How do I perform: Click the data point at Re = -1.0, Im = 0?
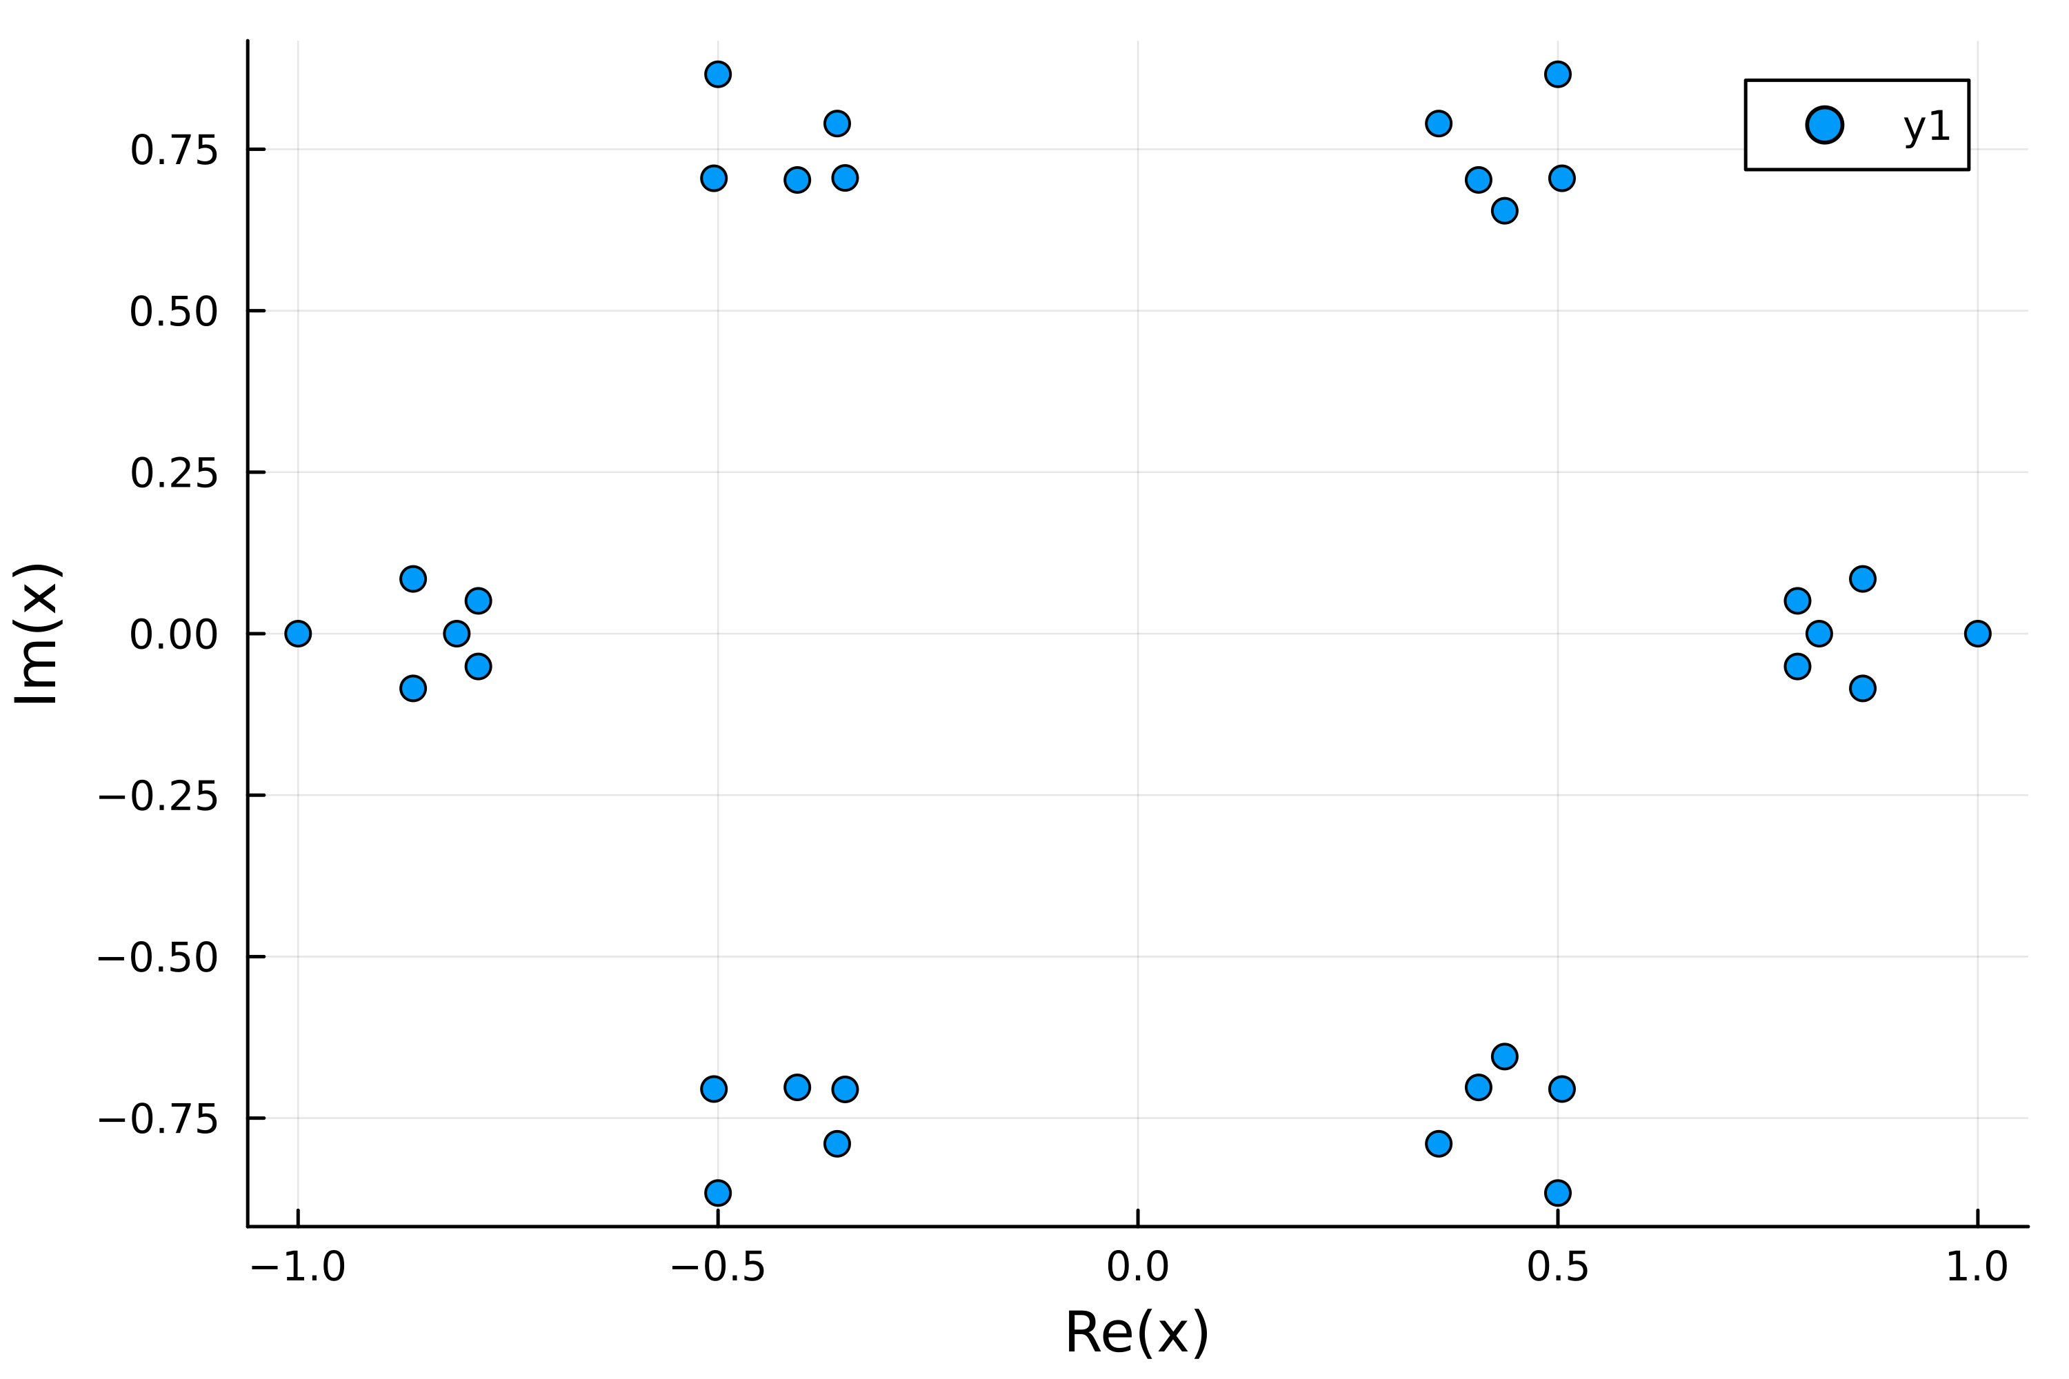click(298, 633)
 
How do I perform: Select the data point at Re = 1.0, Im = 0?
click(1977, 633)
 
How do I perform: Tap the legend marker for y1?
click(1824, 125)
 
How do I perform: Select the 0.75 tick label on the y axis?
click(173, 150)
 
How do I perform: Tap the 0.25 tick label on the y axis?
click(173, 473)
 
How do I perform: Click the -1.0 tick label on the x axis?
click(298, 1267)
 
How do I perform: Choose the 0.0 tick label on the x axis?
click(1137, 1267)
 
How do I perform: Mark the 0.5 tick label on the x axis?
click(1558, 1267)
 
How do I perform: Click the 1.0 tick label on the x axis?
click(1977, 1267)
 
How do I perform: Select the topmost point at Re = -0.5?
click(718, 74)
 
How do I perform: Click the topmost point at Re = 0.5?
click(1558, 74)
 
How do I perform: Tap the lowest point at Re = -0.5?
click(718, 1193)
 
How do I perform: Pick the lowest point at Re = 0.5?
click(1558, 1193)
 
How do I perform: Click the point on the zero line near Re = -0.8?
click(457, 633)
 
